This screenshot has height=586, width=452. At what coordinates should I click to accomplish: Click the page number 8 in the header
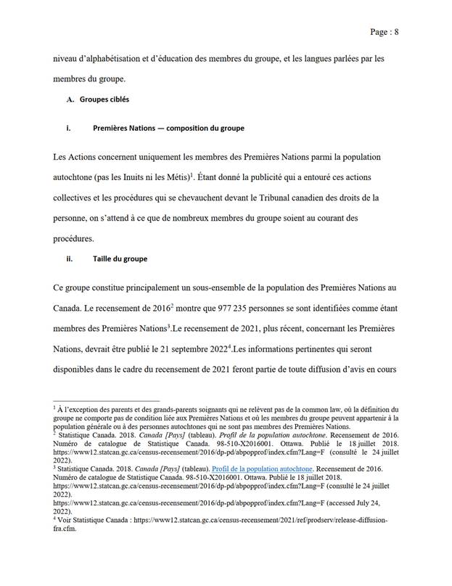pyautogui.click(x=397, y=32)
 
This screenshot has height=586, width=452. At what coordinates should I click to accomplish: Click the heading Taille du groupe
pyautogui.click(x=120, y=259)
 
